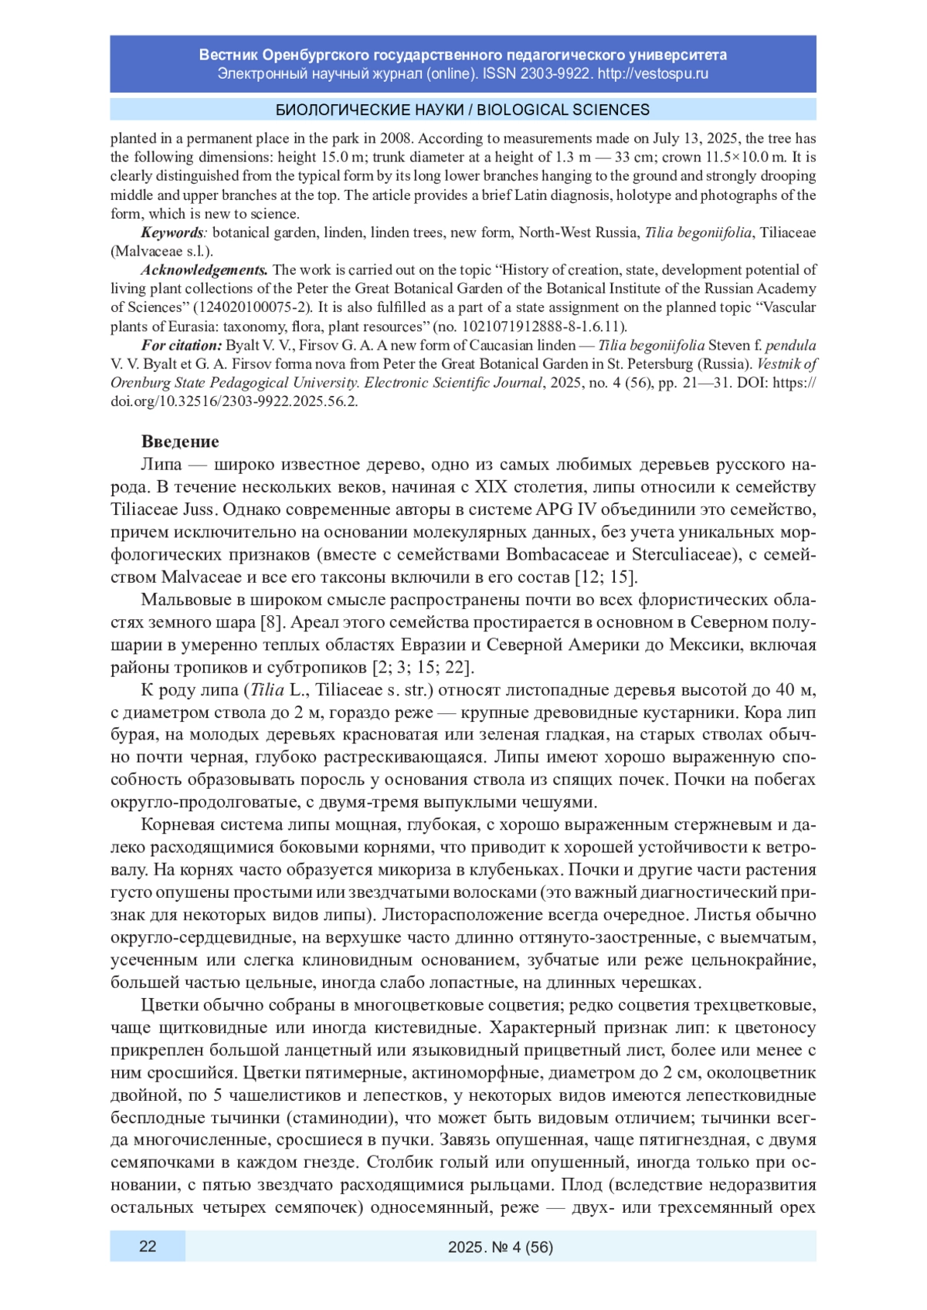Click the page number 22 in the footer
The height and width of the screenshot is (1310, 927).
[x=148, y=1246]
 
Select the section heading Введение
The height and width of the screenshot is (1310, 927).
[x=180, y=442]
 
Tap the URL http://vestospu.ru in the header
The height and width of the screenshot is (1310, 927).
[x=653, y=74]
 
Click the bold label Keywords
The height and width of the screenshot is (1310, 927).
[x=172, y=232]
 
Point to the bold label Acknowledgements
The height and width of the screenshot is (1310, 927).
[x=204, y=270]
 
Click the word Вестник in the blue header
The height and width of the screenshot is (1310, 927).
[x=229, y=55]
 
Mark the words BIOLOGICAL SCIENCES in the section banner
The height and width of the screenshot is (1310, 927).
[x=563, y=110]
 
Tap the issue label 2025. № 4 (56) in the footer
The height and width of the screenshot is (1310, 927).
[x=501, y=1247]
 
